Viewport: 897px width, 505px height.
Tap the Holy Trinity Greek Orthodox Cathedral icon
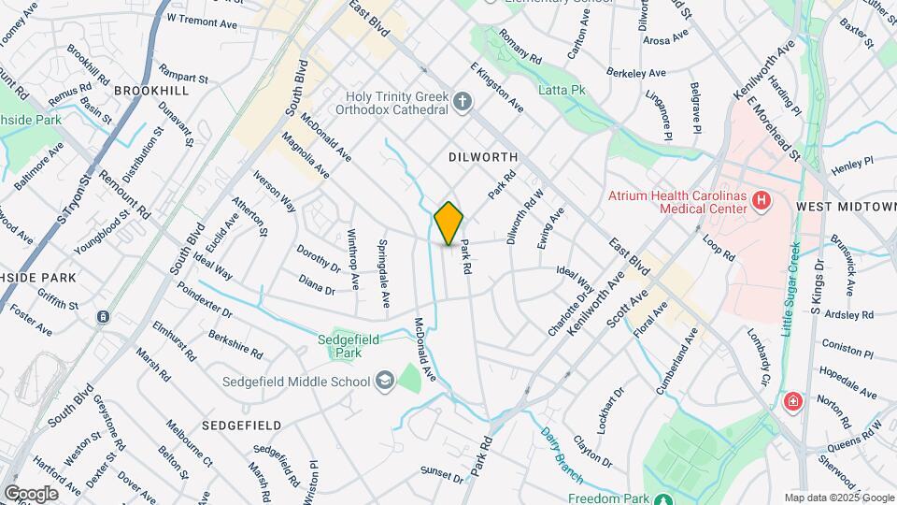(x=463, y=103)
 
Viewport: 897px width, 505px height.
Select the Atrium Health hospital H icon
(x=762, y=199)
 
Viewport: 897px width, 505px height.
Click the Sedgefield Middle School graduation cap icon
(x=384, y=381)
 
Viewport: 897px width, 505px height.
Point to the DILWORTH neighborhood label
(x=483, y=157)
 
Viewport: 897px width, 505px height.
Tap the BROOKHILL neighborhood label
(x=151, y=91)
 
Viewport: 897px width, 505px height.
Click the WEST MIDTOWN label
(x=846, y=205)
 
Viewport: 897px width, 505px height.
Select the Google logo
(x=31, y=494)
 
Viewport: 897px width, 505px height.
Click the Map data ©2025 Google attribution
(x=839, y=498)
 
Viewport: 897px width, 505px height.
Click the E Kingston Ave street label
(x=497, y=87)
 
